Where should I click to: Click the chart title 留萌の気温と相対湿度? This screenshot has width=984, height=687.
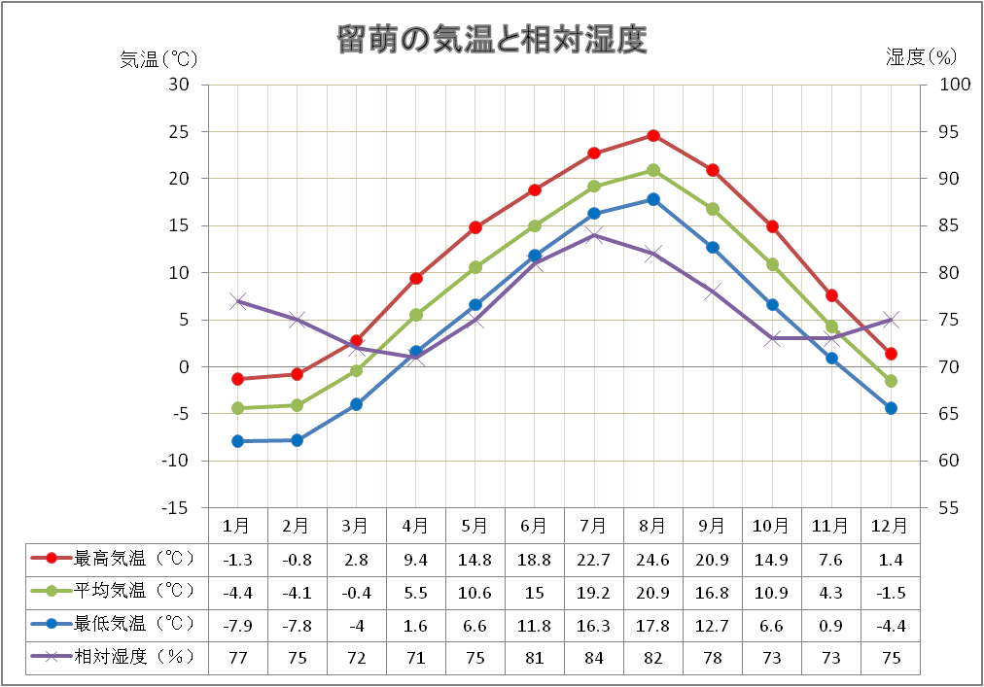click(491, 40)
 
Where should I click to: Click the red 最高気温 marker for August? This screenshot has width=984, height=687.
click(653, 135)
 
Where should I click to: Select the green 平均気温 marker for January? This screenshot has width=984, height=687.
click(237, 408)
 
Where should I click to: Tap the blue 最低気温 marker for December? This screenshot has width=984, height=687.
click(891, 408)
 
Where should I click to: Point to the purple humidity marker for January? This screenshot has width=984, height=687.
click(237, 301)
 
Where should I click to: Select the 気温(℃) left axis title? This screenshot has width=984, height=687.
click(158, 58)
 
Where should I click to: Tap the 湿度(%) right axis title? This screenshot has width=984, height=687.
click(921, 57)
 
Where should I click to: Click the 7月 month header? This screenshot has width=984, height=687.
click(593, 526)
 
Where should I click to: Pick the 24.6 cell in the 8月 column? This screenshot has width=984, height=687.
click(652, 559)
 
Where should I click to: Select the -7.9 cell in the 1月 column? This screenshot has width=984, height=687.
click(238, 625)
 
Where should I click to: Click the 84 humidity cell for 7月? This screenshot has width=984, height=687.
click(593, 658)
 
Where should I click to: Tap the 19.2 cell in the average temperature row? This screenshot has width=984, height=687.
click(593, 592)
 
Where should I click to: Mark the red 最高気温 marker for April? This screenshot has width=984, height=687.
click(416, 278)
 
